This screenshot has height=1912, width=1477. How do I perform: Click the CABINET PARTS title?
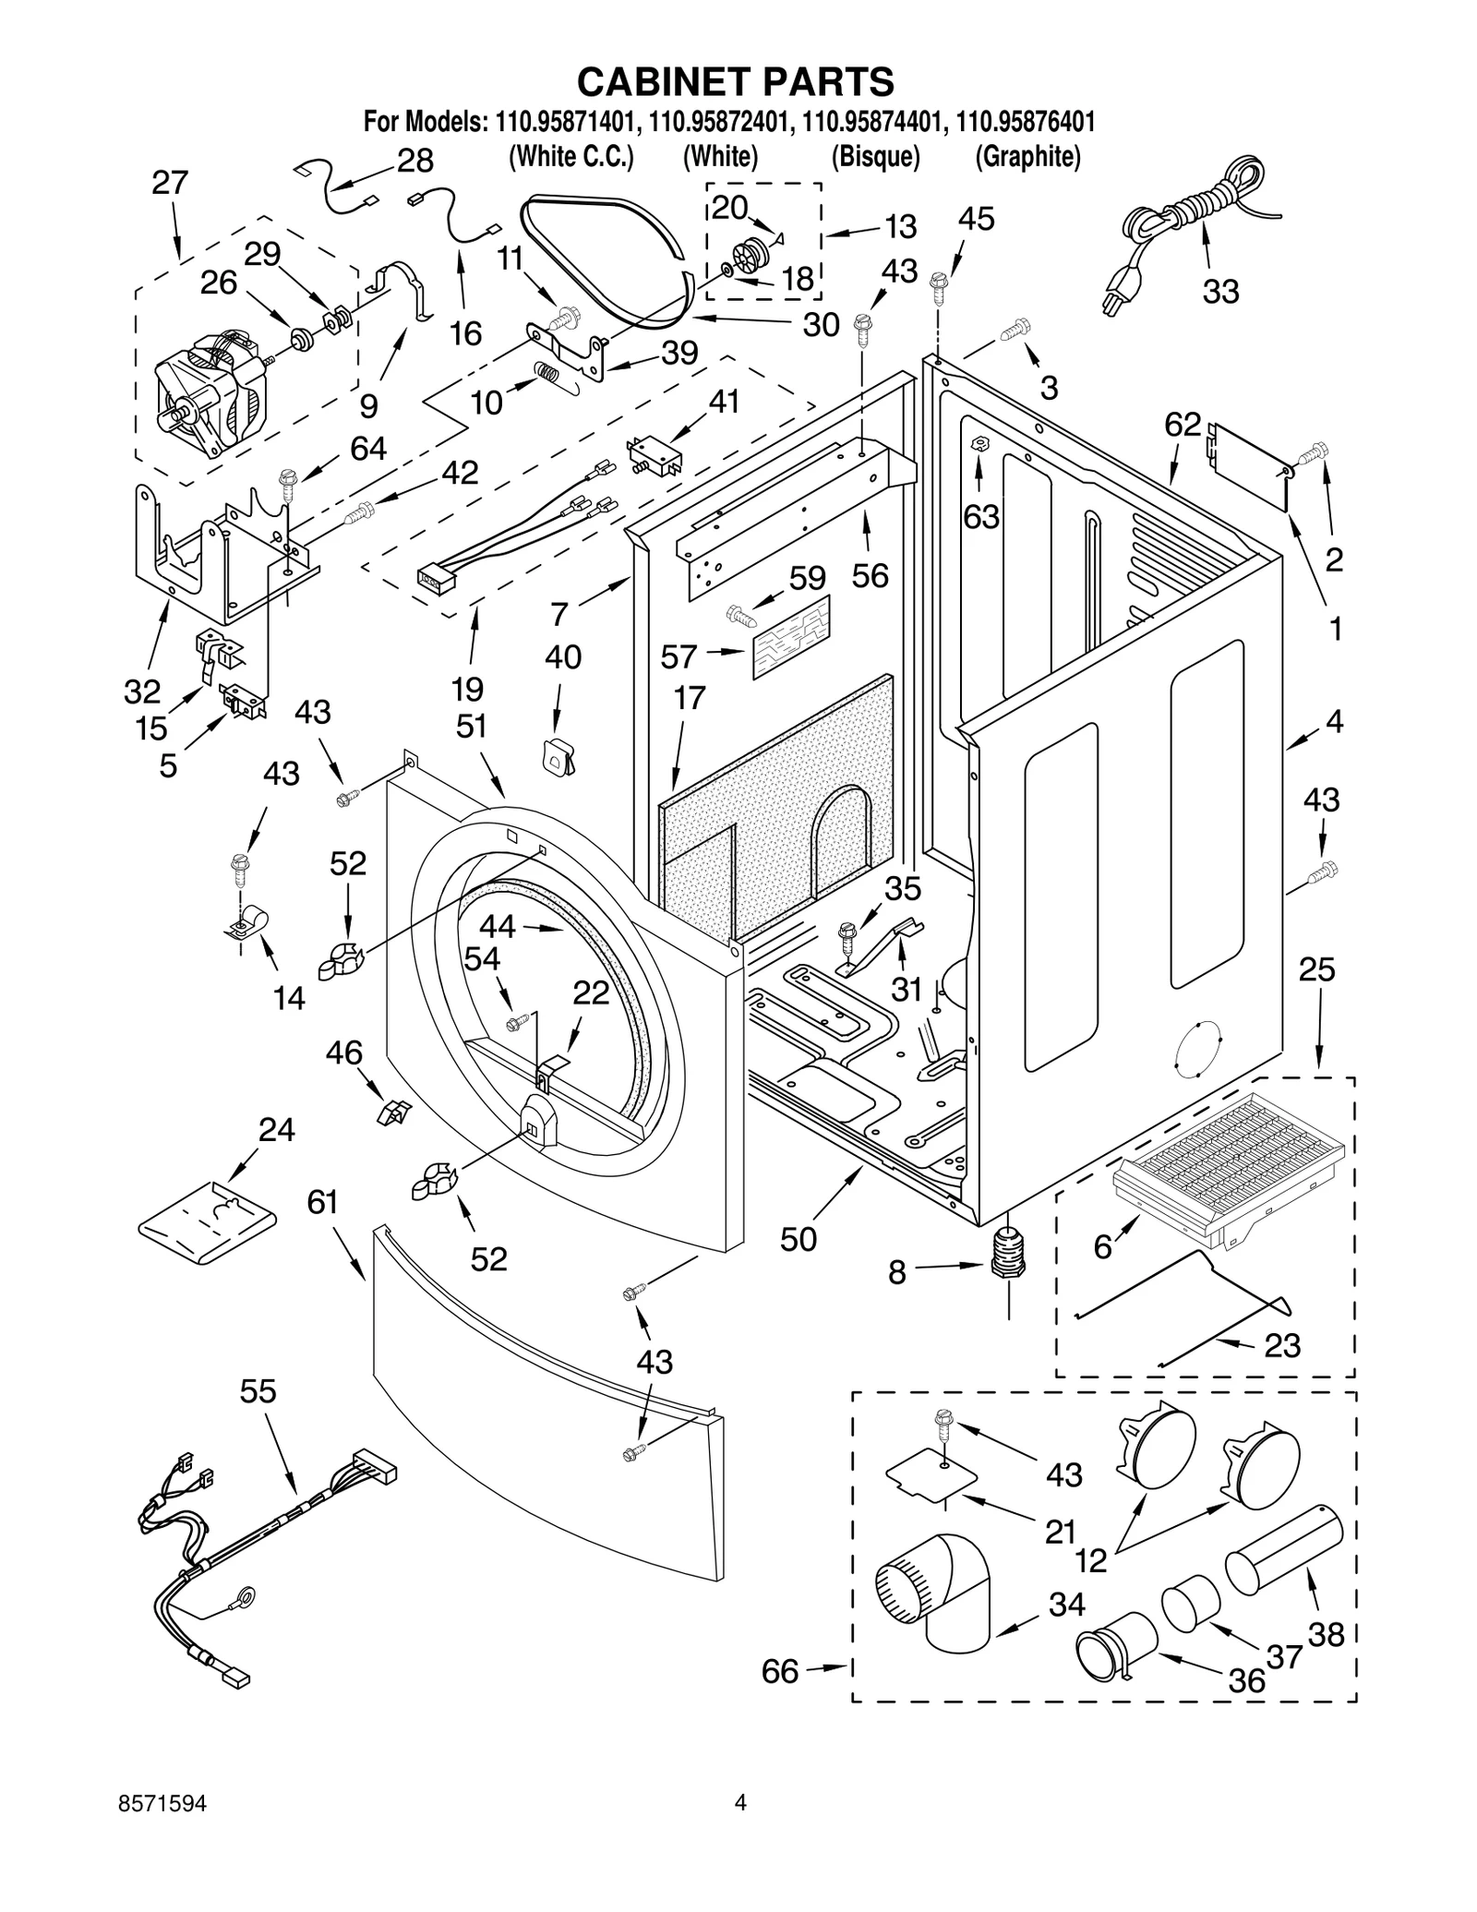[x=736, y=81]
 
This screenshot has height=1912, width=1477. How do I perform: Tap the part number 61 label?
[x=323, y=1202]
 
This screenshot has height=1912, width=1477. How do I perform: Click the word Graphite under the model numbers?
[x=1027, y=157]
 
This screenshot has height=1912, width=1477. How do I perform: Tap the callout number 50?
[x=799, y=1239]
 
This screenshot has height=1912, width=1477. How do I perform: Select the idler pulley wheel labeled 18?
[x=751, y=255]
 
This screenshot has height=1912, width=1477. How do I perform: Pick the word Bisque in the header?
[x=875, y=157]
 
